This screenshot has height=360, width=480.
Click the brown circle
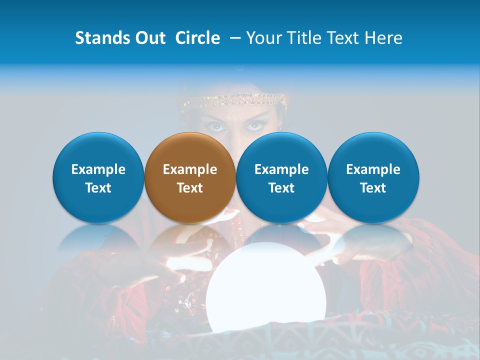coord(189,177)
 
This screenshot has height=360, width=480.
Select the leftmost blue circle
coord(98,177)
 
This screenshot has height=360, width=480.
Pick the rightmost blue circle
coord(373,177)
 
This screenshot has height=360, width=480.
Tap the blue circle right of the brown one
coord(281,177)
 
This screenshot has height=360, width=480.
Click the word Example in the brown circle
coord(190,169)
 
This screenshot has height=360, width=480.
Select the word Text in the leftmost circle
coord(98,188)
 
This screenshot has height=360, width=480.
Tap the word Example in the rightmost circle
coord(373,169)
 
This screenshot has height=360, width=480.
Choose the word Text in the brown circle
coord(190,188)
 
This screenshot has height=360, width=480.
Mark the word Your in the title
coord(262,38)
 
